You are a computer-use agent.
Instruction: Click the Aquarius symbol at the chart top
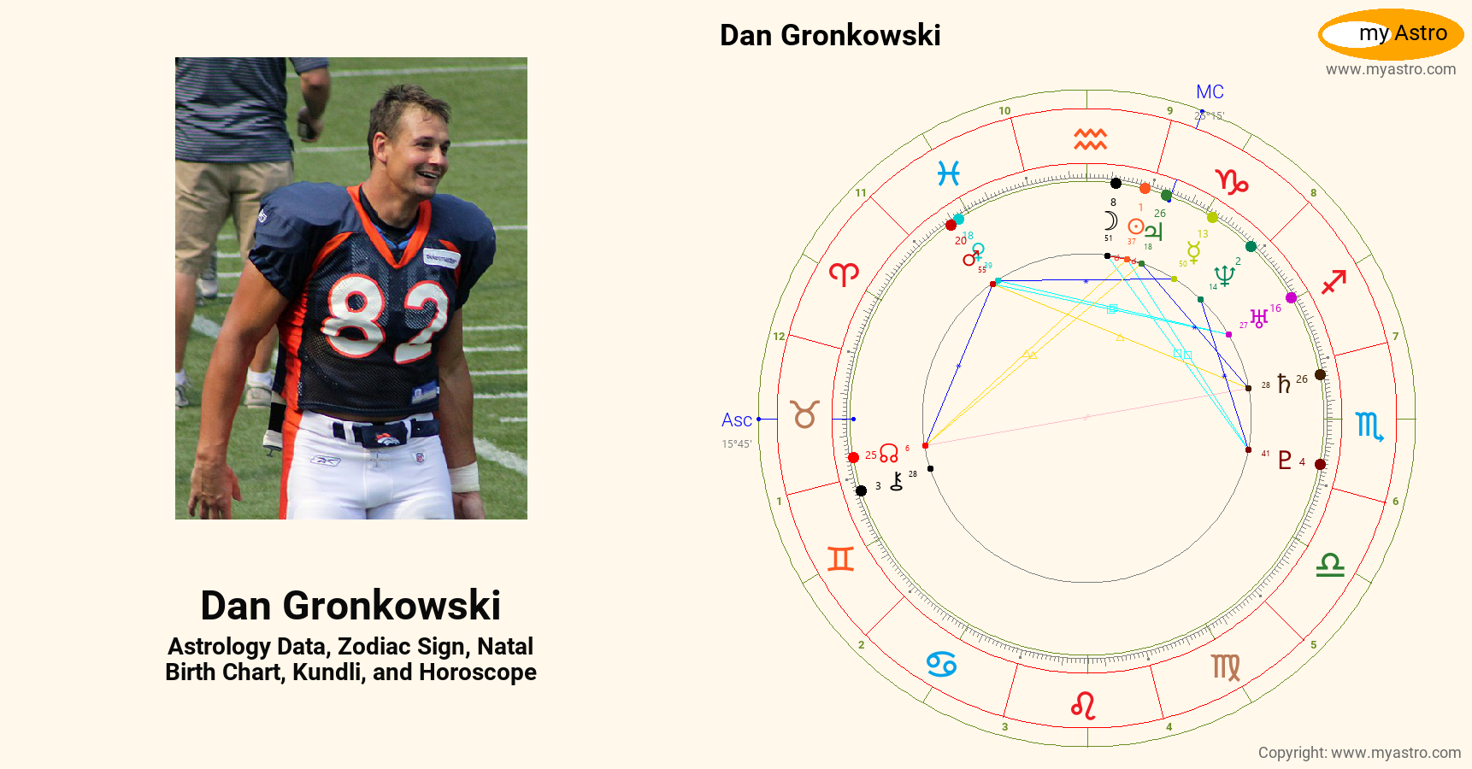point(1090,139)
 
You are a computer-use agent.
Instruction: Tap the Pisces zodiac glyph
point(948,173)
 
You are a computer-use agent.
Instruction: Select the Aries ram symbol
point(844,273)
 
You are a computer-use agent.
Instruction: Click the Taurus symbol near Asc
point(804,414)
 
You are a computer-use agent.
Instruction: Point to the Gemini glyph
point(840,559)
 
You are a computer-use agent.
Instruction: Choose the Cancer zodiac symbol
point(941,664)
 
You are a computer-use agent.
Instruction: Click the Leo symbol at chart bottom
point(1083,706)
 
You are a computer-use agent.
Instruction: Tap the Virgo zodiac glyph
point(1226,666)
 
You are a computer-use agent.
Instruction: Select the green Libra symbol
point(1330,565)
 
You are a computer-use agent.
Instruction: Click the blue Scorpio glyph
point(1369,426)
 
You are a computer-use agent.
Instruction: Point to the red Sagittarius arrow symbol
point(1334,281)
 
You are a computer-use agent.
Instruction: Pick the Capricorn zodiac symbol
point(1232,181)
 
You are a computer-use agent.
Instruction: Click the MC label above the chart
point(1210,92)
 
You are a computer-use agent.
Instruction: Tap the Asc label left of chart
point(736,420)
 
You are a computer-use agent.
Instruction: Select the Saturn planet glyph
point(1283,384)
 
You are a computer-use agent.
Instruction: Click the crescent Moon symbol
point(1110,220)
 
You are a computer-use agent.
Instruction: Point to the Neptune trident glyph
point(1224,275)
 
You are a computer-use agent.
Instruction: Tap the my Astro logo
point(1391,34)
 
